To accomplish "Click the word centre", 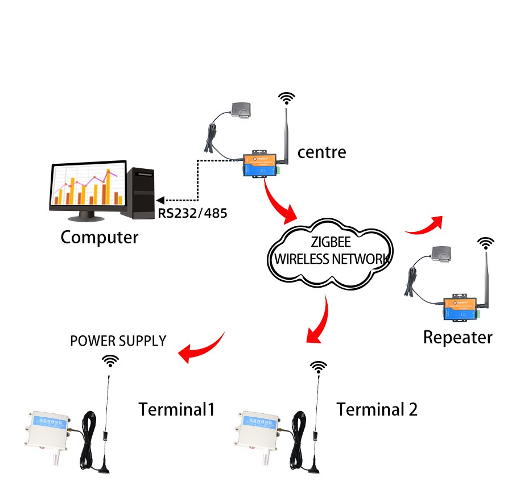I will [x=321, y=152].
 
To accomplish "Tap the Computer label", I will [x=99, y=236].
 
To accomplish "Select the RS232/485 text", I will [x=192, y=214].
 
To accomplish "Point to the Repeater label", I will [x=457, y=337].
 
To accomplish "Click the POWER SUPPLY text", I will [x=118, y=341].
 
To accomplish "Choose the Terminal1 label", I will [x=176, y=409].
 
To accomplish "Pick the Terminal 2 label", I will [x=377, y=409].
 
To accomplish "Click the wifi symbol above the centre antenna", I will [x=287, y=98].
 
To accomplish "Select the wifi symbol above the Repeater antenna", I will [x=485, y=243].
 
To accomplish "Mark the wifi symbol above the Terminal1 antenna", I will [x=110, y=361].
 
